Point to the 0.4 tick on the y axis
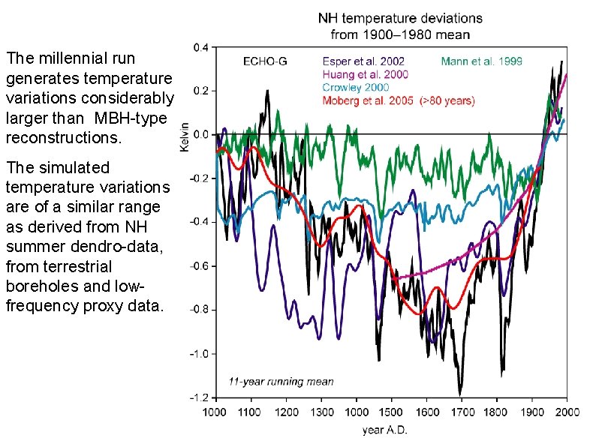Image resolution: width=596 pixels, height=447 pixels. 202,47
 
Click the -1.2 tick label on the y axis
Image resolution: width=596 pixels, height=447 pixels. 200,397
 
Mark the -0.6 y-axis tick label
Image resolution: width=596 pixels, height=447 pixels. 200,266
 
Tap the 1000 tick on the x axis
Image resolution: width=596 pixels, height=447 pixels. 215,412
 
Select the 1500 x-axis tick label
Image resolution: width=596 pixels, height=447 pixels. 391,412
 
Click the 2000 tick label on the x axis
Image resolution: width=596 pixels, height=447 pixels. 567,412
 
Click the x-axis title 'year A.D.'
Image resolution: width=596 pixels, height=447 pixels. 387,430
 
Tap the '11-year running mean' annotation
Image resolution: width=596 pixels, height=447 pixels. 281,382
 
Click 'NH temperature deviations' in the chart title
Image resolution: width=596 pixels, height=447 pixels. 401,17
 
